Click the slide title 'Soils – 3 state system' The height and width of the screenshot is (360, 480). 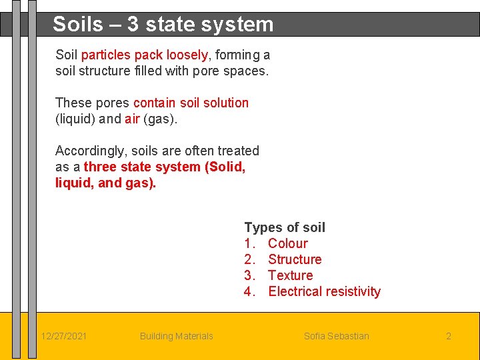(x=163, y=25)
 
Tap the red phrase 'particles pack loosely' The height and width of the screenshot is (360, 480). (x=144, y=55)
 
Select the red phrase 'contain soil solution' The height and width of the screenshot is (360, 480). (x=191, y=103)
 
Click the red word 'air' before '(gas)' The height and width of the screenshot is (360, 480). (x=132, y=119)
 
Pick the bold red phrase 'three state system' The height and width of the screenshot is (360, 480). (x=142, y=167)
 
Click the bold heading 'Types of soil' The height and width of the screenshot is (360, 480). (x=285, y=227)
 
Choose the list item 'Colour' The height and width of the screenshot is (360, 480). (x=287, y=243)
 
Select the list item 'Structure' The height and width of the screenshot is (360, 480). (x=295, y=259)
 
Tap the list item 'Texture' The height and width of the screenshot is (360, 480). (x=290, y=275)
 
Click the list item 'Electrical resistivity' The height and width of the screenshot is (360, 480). (x=324, y=291)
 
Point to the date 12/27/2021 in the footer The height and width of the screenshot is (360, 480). (x=63, y=336)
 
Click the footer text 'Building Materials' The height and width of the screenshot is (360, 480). (x=176, y=336)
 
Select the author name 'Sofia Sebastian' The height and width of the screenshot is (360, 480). (x=336, y=336)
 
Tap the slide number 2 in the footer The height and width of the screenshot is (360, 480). (x=449, y=336)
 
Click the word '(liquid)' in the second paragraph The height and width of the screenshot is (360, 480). (x=77, y=119)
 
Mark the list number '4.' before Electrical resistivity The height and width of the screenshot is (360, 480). (x=250, y=291)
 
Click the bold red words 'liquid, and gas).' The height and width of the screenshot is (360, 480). (x=105, y=183)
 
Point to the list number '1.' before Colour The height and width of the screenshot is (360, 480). (x=250, y=243)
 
